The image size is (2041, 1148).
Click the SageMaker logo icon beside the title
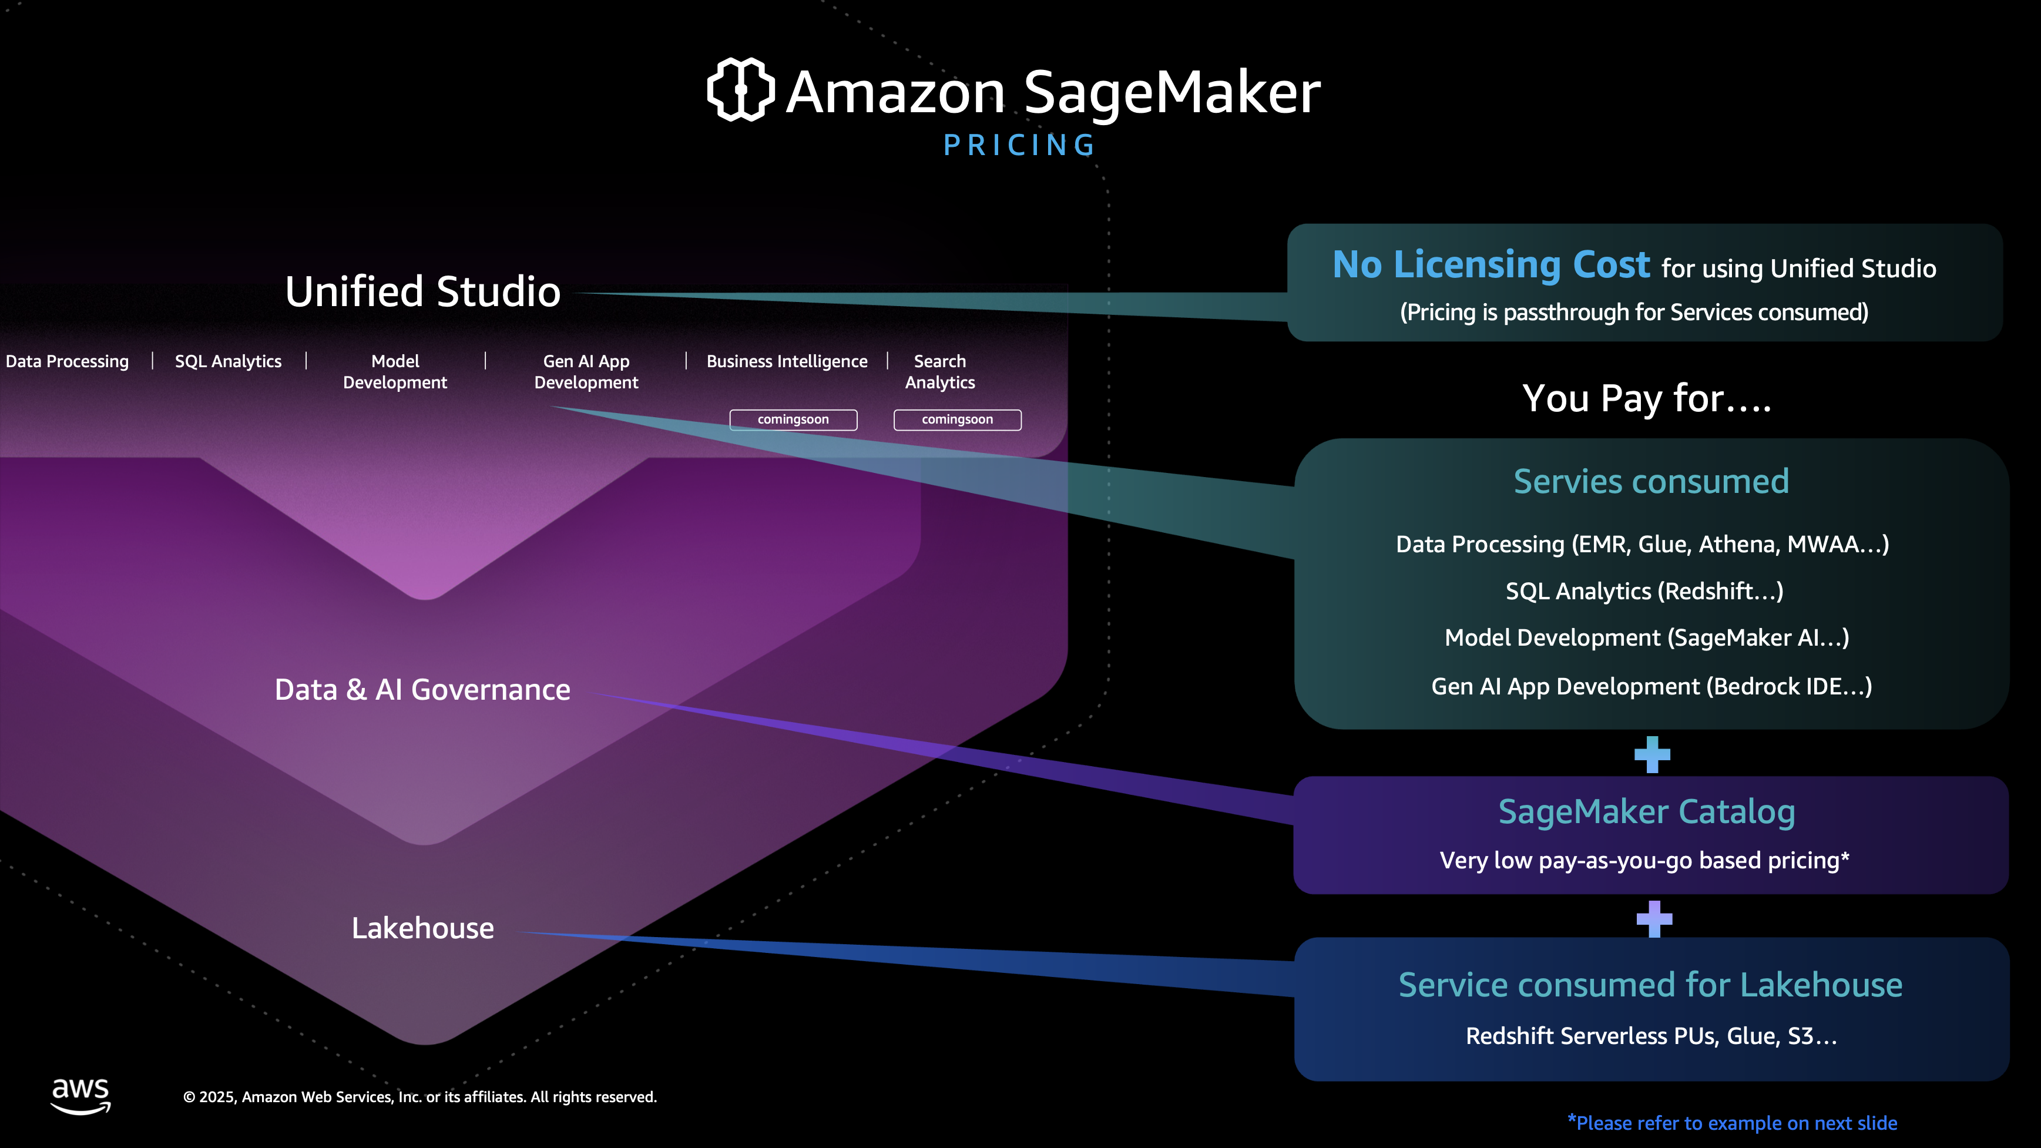(740, 89)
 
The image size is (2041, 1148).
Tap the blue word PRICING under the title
(1020, 146)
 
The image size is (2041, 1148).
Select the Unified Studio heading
(422, 291)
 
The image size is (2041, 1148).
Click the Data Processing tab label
(68, 361)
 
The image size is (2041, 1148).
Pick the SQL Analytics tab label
(228, 361)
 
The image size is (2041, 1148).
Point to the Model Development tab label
(395, 371)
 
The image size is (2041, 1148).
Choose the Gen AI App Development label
(586, 371)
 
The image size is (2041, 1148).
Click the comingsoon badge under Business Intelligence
(793, 419)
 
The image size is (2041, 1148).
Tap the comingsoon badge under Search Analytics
(957, 419)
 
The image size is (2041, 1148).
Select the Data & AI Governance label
(422, 689)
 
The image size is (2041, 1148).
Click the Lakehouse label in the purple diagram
(422, 928)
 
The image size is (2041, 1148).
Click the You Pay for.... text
(1646, 398)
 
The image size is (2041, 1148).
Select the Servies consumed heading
(1651, 481)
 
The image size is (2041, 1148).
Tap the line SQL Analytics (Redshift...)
(1644, 591)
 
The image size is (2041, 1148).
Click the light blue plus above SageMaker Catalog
(1652, 754)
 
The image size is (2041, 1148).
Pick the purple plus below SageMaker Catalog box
(1654, 918)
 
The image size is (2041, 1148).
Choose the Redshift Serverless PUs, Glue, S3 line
(1651, 1036)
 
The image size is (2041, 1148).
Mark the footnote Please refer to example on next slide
(1732, 1123)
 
